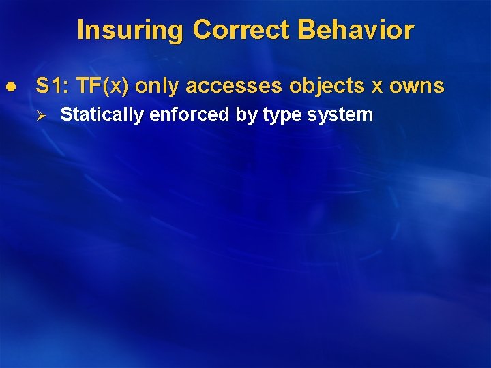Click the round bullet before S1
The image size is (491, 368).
click(10, 87)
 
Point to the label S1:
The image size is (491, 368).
click(53, 86)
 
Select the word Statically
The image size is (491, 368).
click(102, 114)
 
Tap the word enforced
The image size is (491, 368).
click(190, 114)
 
